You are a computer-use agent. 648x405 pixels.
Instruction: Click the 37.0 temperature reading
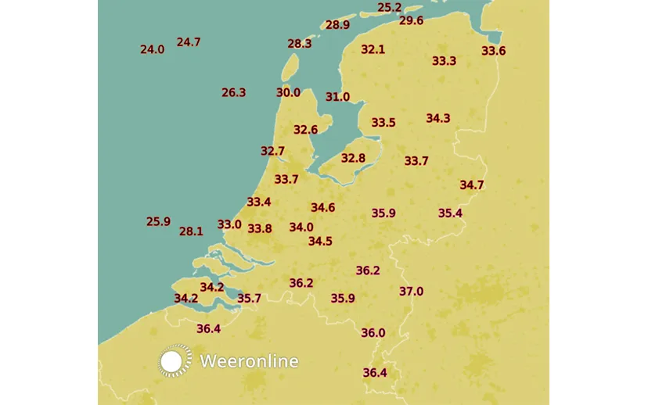[x=411, y=292]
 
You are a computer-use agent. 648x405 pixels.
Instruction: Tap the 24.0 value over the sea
[x=152, y=49]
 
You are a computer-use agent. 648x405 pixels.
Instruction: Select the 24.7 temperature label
[x=189, y=42]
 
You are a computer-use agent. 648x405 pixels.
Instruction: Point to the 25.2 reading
[x=389, y=8]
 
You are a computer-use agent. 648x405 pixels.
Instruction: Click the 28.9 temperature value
[x=337, y=25]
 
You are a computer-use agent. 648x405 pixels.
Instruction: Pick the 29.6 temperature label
[x=411, y=20]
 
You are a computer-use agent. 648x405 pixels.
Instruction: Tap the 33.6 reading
[x=493, y=51]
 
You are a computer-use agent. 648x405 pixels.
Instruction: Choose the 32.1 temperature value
[x=373, y=49]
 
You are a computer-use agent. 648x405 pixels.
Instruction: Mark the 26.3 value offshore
[x=233, y=92]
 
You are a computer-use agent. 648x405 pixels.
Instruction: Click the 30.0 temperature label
[x=288, y=92]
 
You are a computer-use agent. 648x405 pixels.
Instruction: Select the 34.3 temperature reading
[x=437, y=118]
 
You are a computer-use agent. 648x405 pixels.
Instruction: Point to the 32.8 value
[x=353, y=158]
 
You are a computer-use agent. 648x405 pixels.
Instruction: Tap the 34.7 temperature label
[x=471, y=185]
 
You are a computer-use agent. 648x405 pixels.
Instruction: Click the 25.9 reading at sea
[x=158, y=221]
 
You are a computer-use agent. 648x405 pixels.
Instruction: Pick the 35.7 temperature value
[x=249, y=298]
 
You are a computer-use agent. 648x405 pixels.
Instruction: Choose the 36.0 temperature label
[x=373, y=333]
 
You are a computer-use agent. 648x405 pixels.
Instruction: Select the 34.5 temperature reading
[x=320, y=242]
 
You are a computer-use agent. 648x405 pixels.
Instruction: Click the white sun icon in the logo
[x=175, y=360]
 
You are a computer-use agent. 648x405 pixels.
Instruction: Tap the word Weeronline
[x=249, y=361]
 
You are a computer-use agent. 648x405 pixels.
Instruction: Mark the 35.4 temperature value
[x=450, y=213]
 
